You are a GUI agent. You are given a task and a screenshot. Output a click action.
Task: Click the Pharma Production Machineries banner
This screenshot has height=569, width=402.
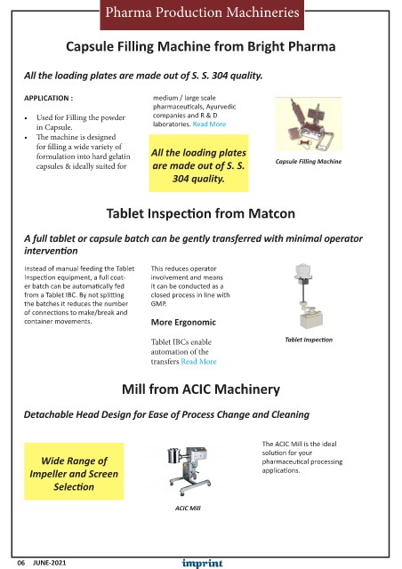202,14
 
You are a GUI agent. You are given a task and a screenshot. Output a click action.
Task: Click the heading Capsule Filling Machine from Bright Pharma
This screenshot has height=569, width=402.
201,46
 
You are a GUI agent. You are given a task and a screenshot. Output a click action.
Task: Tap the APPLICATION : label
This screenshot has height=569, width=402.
48,98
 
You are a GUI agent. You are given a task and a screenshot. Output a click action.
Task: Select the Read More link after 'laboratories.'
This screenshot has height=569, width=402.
209,124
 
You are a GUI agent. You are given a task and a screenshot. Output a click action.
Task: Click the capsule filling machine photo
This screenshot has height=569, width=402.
309,124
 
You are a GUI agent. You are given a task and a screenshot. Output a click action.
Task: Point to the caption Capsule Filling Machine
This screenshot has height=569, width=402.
309,162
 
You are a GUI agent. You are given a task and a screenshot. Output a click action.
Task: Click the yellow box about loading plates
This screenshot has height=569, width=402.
198,164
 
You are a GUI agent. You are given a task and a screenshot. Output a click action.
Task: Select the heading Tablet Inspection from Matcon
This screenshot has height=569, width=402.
201,213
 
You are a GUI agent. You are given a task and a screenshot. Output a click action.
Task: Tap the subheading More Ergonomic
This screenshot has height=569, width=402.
183,322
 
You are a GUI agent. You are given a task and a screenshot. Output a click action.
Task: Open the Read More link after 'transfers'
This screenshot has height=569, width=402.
198,362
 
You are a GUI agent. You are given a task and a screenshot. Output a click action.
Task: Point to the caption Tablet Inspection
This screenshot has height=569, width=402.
309,340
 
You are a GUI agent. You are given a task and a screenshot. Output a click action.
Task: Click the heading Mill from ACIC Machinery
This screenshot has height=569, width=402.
201,389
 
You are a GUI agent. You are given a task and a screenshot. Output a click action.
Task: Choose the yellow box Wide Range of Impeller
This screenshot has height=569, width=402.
74,471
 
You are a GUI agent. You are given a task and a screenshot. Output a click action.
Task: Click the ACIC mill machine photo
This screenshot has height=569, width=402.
189,471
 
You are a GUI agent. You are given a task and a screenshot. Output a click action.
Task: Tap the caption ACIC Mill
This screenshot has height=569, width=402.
188,508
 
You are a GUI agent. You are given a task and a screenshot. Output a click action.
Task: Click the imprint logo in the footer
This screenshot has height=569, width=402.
202,563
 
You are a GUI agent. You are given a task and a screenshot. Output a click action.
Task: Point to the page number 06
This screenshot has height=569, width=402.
21,563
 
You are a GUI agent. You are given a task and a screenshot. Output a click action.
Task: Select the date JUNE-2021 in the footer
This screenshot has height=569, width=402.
50,563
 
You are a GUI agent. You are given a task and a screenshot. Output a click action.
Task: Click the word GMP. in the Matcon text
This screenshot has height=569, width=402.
158,304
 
